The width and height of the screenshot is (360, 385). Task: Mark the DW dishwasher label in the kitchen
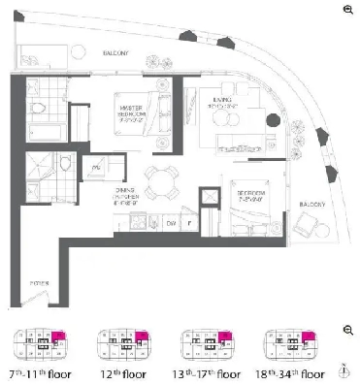click(170, 222)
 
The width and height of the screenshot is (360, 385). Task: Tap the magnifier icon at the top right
click(347, 9)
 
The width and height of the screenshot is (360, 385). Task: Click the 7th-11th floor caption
click(40, 370)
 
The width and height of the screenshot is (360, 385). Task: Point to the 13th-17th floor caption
click(208, 370)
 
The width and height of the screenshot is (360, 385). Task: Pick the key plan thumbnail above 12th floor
click(123, 342)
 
